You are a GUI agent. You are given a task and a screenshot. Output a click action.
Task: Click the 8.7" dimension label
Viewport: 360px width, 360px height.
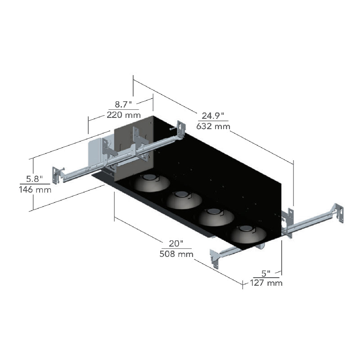pos(123,104)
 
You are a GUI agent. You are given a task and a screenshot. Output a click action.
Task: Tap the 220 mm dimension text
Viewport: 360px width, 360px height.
pos(123,115)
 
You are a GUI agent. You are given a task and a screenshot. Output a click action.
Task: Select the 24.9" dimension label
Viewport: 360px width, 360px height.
pos(212,116)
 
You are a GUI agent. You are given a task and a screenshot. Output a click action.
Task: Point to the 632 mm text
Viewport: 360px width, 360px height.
pos(213,126)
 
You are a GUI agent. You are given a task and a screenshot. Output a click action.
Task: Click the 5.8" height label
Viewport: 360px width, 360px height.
pos(35,179)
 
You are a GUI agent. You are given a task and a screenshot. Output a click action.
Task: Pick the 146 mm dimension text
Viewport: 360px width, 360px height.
pos(35,189)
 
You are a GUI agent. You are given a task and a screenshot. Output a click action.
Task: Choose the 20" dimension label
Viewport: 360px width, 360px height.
pos(176,243)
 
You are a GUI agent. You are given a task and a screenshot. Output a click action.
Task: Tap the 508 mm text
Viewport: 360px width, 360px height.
pos(176,254)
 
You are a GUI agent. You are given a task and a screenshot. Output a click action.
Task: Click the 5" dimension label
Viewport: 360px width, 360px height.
pos(266,273)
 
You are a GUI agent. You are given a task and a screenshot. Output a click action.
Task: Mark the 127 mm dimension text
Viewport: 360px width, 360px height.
pos(266,283)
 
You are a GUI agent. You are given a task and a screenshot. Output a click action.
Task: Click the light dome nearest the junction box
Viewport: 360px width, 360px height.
pos(152,182)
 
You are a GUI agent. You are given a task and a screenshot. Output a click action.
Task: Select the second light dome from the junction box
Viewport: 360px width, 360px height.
pos(184,199)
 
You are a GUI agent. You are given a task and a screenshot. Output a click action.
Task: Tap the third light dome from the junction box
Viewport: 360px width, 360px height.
pos(216,216)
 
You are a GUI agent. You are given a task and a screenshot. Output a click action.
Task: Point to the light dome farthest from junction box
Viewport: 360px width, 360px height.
pos(248,234)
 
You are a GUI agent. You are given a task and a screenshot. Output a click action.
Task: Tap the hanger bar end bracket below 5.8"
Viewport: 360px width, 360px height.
pos(57,175)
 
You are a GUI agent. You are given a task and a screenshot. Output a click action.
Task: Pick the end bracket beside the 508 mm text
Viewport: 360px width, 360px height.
pos(216,257)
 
